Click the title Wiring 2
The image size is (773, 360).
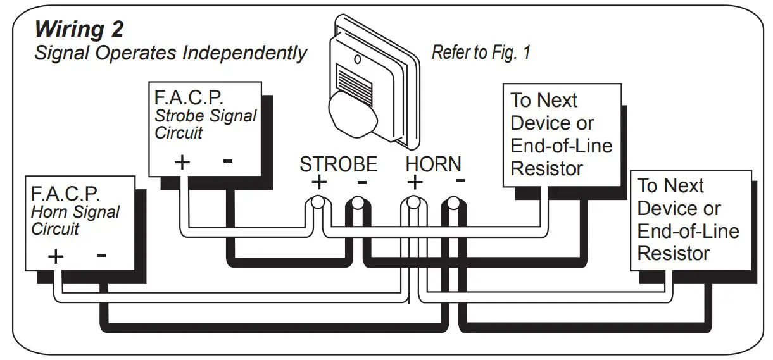pos(79,29)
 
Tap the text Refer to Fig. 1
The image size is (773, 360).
pos(481,53)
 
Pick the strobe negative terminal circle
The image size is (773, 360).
pos(358,204)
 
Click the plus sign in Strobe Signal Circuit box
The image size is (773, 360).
pos(182,162)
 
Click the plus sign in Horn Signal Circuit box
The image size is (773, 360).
pos(56,256)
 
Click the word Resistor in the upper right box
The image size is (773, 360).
pos(546,168)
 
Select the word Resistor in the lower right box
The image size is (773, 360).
pos(673,253)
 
